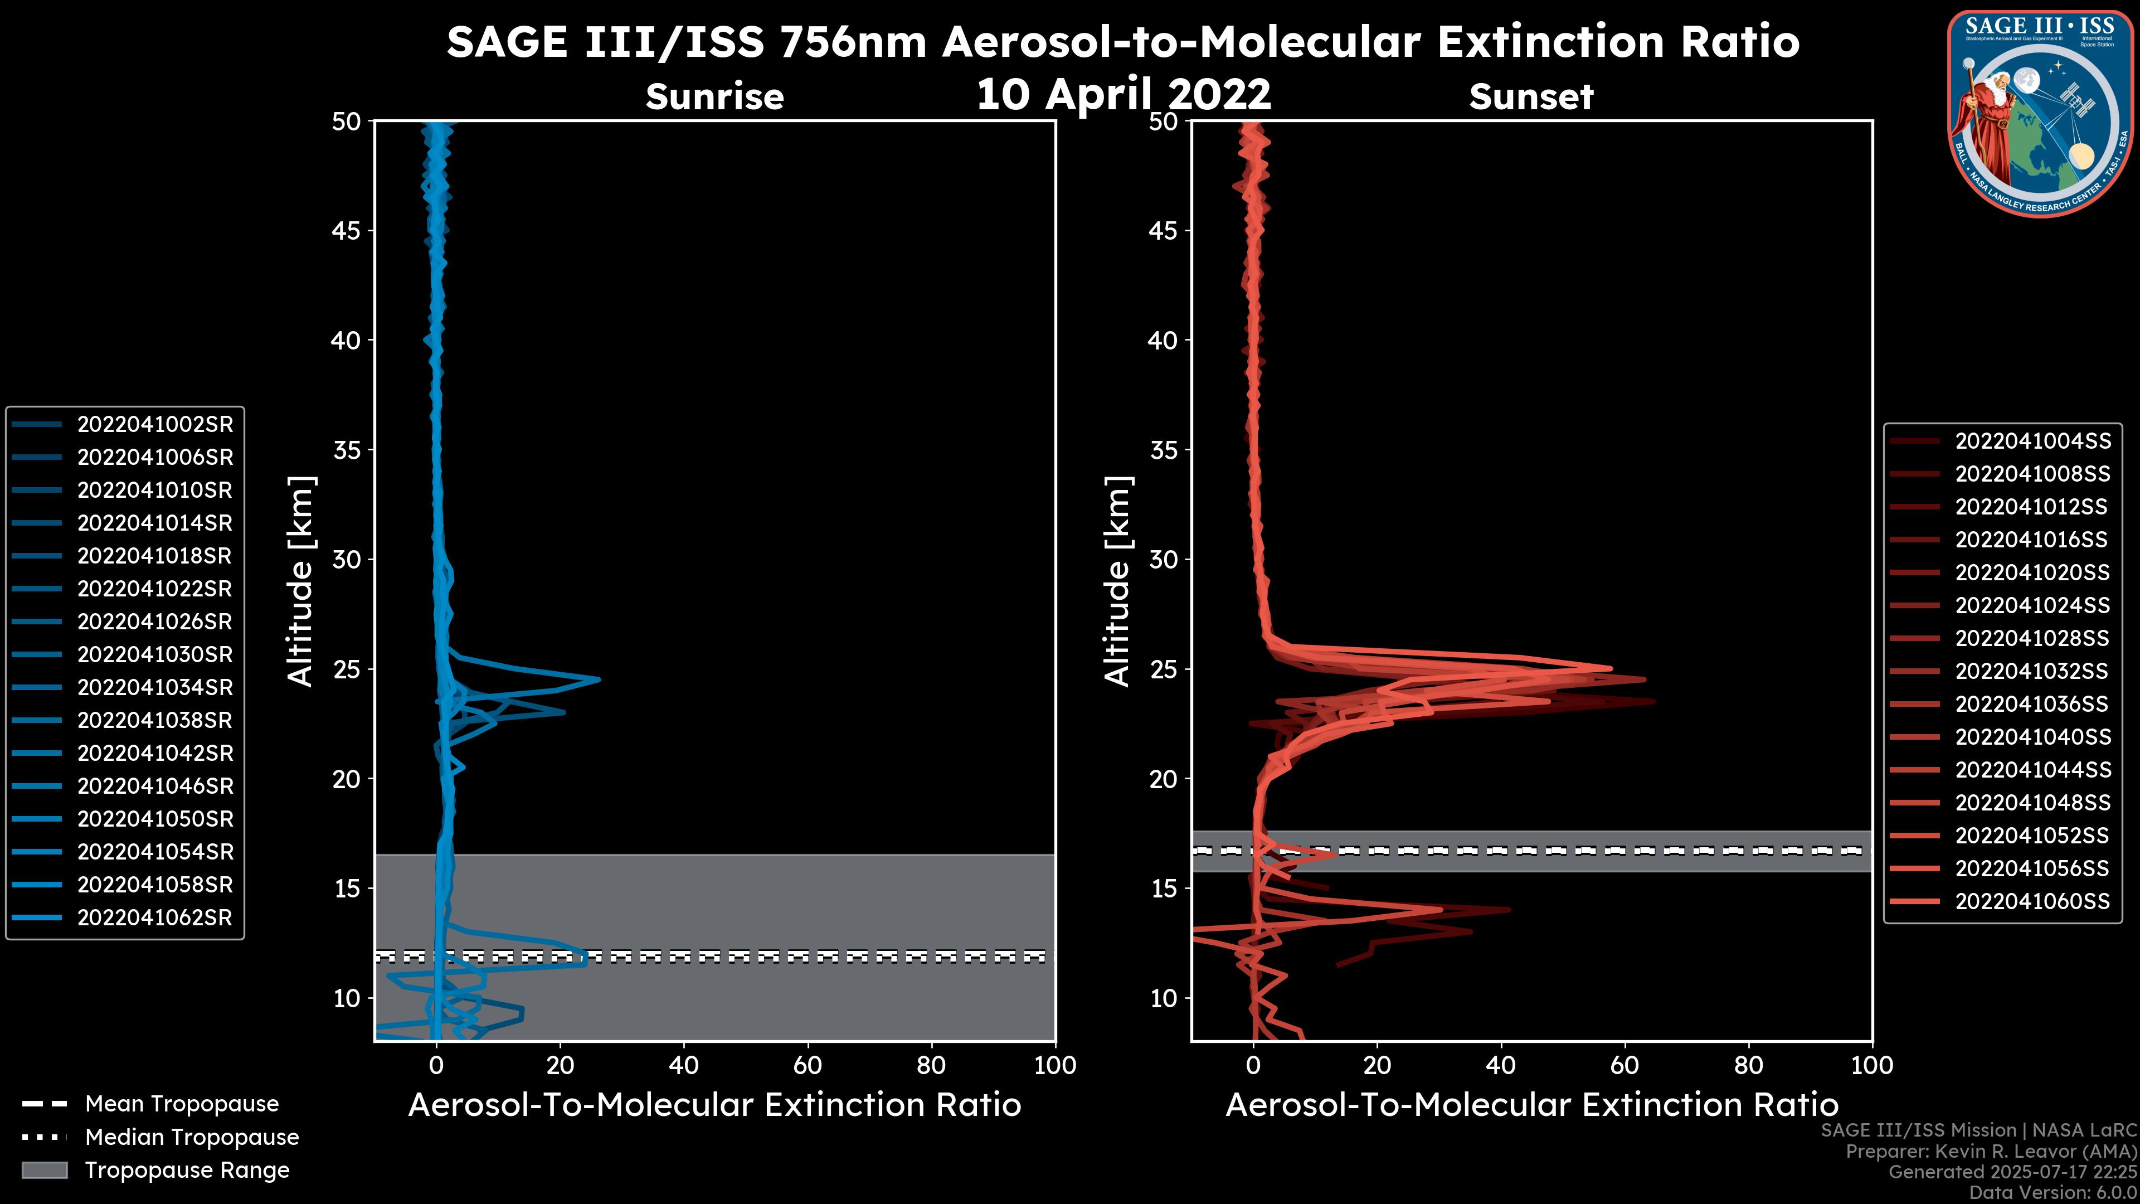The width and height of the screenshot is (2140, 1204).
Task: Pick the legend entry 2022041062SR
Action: [x=154, y=918]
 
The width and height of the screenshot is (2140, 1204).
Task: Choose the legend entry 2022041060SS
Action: [x=2032, y=901]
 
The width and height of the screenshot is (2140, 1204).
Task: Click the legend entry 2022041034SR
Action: [x=154, y=688]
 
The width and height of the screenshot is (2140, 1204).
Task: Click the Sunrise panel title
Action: [x=714, y=97]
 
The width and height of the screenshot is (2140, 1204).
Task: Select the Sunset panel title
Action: [x=1531, y=97]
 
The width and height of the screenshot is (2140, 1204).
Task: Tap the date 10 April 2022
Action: [x=1123, y=94]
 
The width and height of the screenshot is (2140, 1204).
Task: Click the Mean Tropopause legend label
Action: [x=182, y=1104]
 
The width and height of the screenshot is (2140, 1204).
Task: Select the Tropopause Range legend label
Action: [x=187, y=1171]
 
